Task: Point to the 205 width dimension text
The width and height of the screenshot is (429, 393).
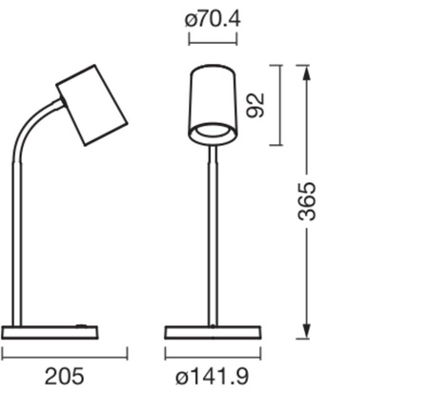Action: click(65, 375)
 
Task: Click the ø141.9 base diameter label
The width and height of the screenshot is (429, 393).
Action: click(212, 375)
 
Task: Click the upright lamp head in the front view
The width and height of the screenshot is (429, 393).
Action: click(213, 100)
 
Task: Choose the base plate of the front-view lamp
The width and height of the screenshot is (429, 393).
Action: click(212, 332)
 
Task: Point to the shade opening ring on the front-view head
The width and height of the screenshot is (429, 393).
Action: click(213, 131)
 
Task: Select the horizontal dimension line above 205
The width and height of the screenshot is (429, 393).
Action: click(65, 356)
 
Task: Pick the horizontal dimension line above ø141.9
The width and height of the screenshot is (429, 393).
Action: click(212, 356)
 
